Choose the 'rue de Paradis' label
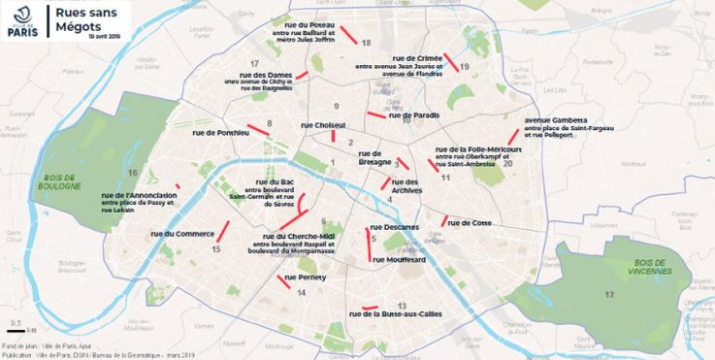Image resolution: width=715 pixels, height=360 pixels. tap(414, 115)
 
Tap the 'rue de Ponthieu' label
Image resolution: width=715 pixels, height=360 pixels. tap(220, 132)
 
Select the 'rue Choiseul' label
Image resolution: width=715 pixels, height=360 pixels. tap(323, 125)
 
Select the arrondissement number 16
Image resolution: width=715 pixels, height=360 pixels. tap(131, 172)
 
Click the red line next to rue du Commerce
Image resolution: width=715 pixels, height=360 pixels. tap(221, 233)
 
